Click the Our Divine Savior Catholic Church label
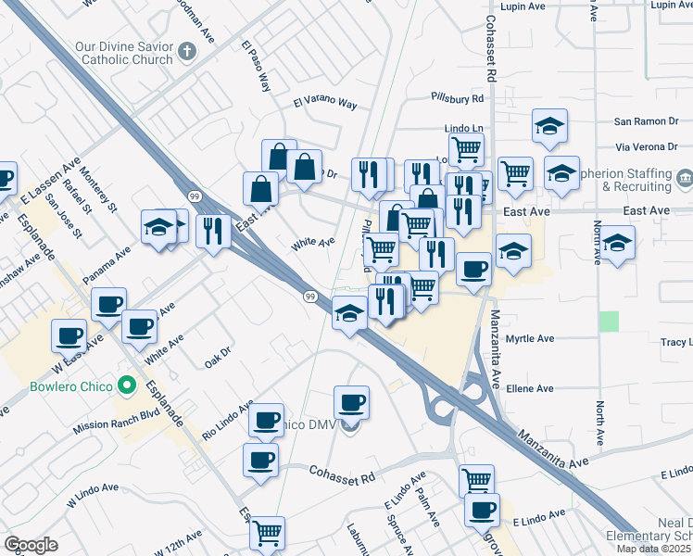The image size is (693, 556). click(x=126, y=52)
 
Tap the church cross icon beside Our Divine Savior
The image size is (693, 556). click(x=186, y=51)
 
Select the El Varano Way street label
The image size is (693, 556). click(x=325, y=103)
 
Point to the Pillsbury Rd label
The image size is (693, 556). click(x=458, y=97)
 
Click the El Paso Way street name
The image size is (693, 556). click(x=255, y=66)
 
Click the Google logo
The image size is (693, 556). click(x=31, y=545)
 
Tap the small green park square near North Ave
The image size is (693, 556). click(x=609, y=321)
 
